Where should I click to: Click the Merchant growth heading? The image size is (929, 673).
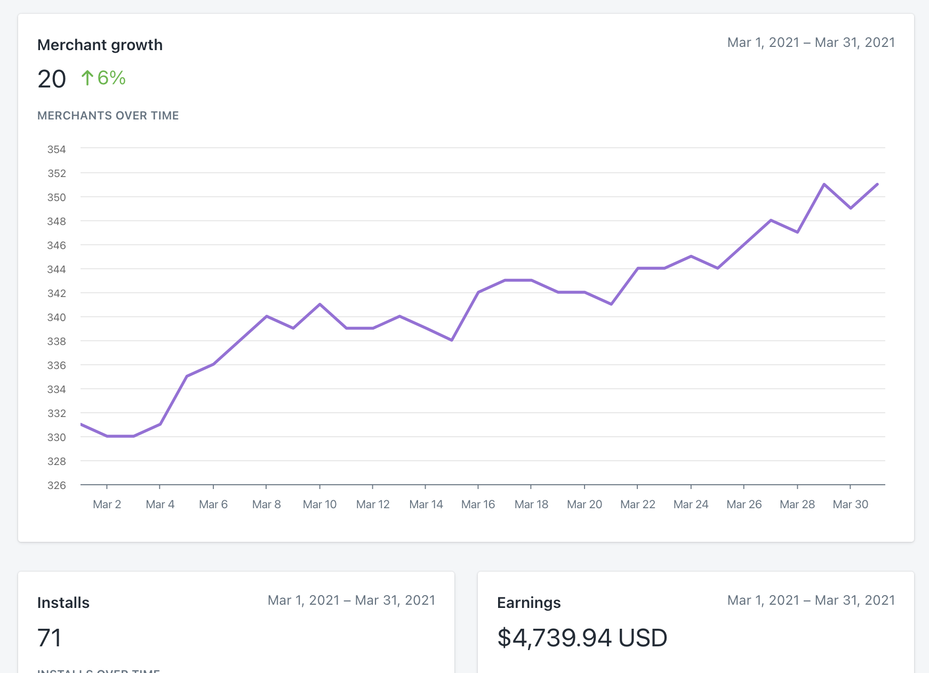pyautogui.click(x=100, y=45)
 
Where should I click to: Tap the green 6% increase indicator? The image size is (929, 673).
pyautogui.click(x=103, y=78)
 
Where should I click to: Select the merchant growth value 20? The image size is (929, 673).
pyautogui.click(x=52, y=79)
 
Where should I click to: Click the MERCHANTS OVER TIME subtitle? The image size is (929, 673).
pyautogui.click(x=108, y=116)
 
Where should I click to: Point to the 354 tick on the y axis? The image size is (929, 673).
pyautogui.click(x=57, y=149)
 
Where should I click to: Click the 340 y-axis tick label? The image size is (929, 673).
pyautogui.click(x=57, y=317)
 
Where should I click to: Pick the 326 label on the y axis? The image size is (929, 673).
pyautogui.click(x=57, y=485)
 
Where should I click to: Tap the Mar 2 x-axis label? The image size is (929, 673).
pyautogui.click(x=107, y=504)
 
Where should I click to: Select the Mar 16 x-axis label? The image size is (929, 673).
pyautogui.click(x=478, y=504)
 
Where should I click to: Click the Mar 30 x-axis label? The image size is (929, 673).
pyautogui.click(x=850, y=504)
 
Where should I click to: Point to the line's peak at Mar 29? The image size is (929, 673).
pyautogui.click(x=824, y=185)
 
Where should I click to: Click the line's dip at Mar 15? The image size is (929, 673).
pyautogui.click(x=452, y=340)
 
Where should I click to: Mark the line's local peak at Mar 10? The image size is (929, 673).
pyautogui.click(x=319, y=305)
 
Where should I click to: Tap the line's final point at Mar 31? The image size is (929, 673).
pyautogui.click(x=877, y=185)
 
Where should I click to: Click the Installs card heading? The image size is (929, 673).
pyautogui.click(x=63, y=603)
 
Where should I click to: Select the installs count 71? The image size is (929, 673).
pyautogui.click(x=50, y=638)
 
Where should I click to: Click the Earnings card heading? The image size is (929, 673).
pyautogui.click(x=528, y=603)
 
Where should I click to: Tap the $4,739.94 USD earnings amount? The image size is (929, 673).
pyautogui.click(x=582, y=638)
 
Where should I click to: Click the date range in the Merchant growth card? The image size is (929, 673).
pyautogui.click(x=811, y=43)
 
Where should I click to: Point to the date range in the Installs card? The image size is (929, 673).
pyautogui.click(x=351, y=600)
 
